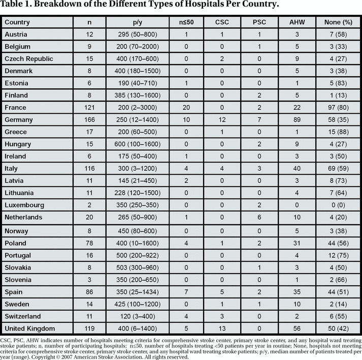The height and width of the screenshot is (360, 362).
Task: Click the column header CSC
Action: [221, 22]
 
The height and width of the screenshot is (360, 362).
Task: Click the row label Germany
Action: [19, 120]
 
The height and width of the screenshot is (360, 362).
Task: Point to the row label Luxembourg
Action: [24, 205]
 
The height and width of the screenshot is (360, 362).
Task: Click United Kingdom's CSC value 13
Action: [221, 328]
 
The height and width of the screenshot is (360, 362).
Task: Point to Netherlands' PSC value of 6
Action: [258, 217]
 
